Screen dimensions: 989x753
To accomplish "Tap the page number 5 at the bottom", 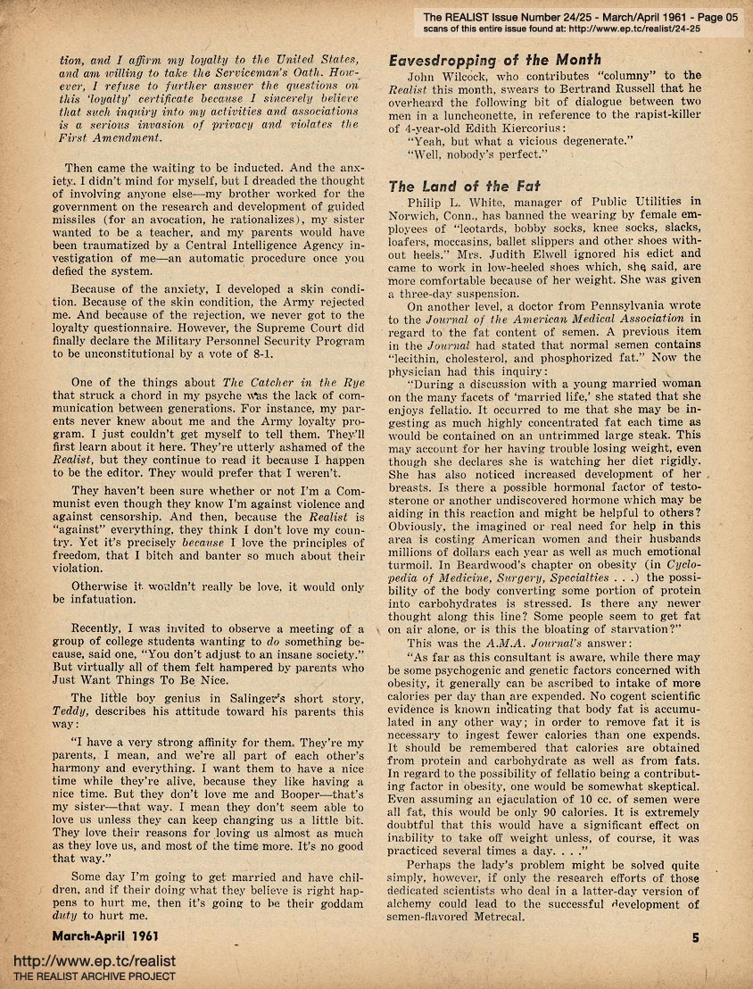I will coord(696,937).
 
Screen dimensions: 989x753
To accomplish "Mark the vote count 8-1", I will coord(285,354).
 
